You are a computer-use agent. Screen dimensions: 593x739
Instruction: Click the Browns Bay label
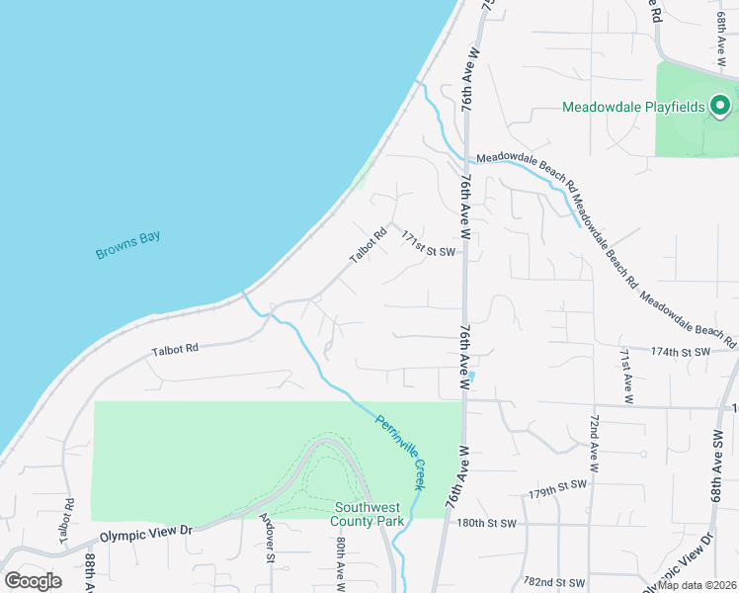tap(127, 245)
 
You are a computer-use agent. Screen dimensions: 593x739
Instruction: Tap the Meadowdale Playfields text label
tap(633, 107)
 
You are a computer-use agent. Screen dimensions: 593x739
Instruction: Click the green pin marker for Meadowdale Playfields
tap(720, 104)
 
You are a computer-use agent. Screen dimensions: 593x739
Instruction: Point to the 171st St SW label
tap(427, 251)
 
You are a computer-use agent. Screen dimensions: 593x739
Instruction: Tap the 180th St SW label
tap(488, 523)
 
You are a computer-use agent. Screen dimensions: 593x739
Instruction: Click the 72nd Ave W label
tap(595, 445)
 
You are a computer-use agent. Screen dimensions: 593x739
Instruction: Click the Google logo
tap(34, 580)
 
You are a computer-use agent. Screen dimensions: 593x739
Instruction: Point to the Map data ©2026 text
tap(698, 585)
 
